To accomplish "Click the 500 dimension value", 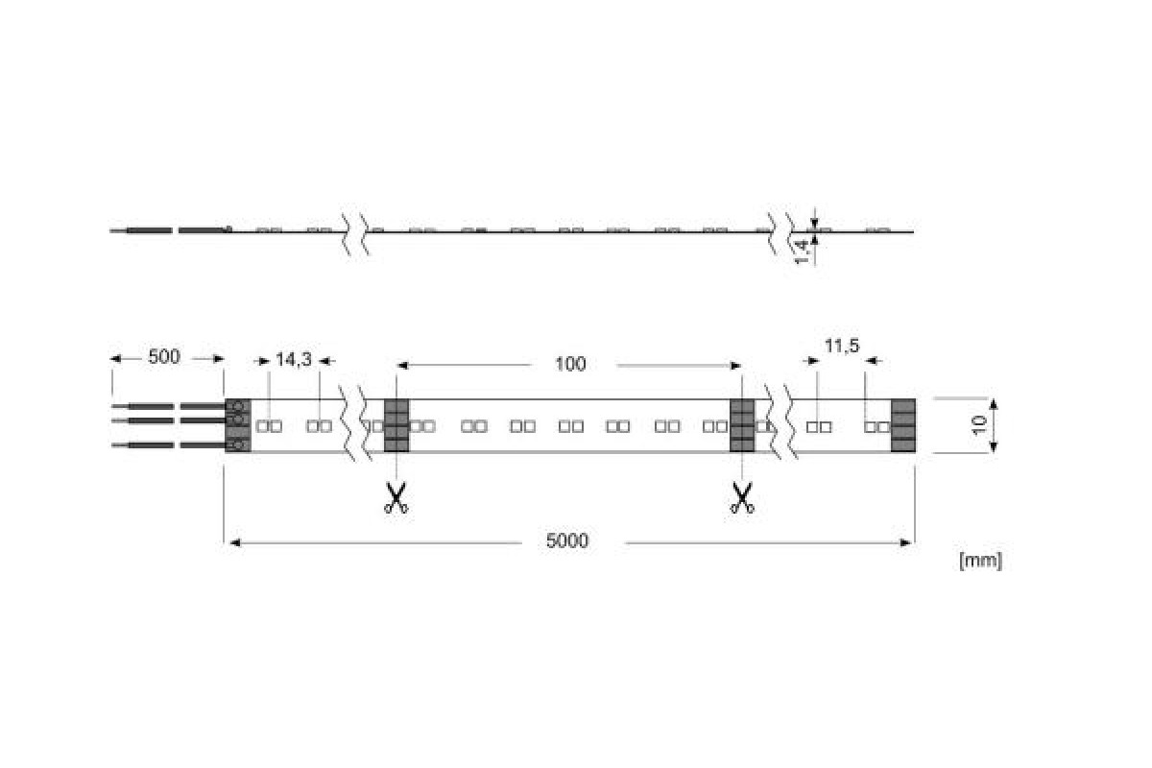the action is [164, 356].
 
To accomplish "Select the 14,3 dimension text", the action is [294, 360].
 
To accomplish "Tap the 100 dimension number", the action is [570, 364].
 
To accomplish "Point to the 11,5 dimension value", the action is [842, 346].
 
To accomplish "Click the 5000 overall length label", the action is [567, 541].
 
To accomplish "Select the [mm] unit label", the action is [981, 561].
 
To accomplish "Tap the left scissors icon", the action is [396, 497].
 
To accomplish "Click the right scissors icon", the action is [741, 497].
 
